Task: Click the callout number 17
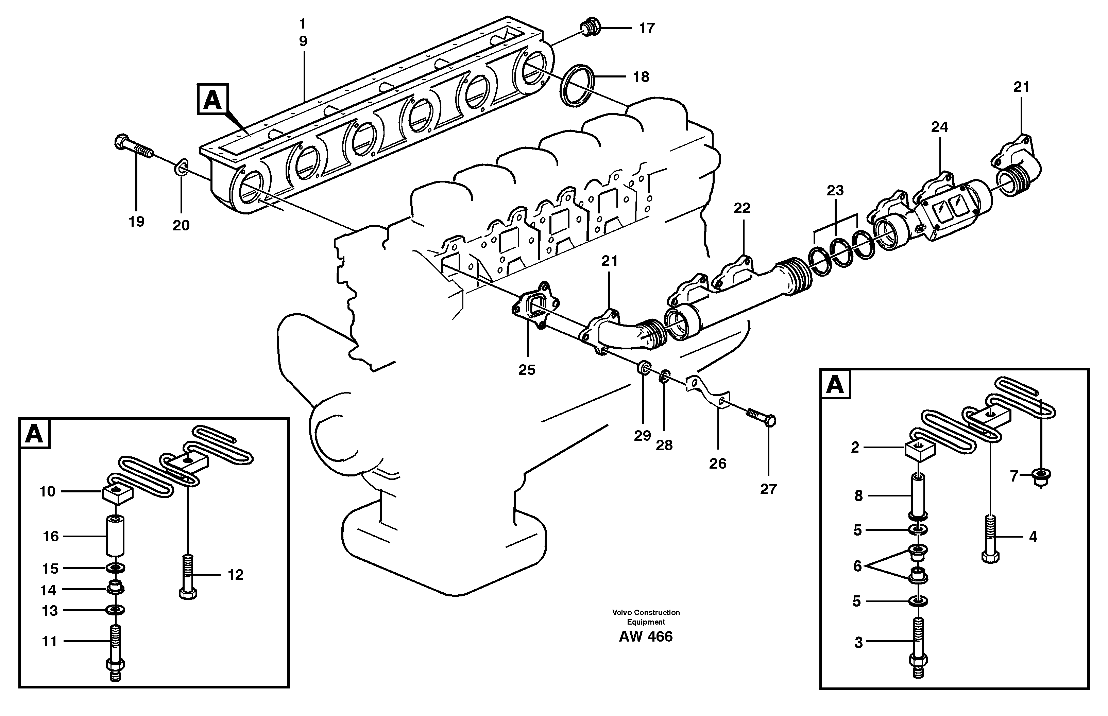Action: click(647, 28)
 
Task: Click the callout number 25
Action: click(527, 370)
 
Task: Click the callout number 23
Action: click(835, 190)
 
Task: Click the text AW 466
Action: click(646, 636)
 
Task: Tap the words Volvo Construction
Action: click(646, 612)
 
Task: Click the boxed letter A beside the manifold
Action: click(212, 99)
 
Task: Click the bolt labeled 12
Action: click(187, 575)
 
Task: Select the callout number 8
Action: click(858, 496)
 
